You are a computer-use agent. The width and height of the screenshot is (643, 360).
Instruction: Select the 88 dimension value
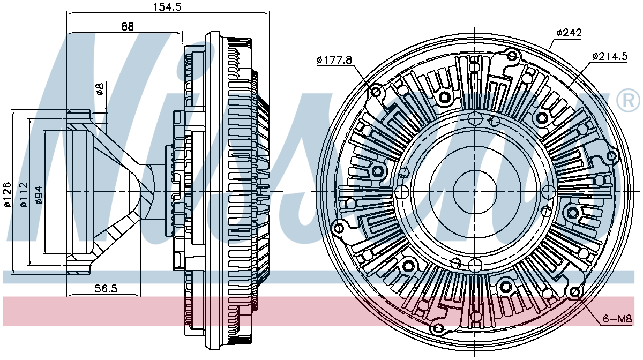click(x=126, y=26)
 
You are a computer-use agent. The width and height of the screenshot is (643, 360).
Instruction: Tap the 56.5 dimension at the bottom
click(x=106, y=289)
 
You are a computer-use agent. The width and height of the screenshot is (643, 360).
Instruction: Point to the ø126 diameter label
click(x=7, y=194)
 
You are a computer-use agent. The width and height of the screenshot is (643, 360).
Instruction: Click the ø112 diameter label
click(x=23, y=194)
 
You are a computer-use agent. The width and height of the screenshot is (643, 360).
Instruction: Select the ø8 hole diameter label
click(x=99, y=89)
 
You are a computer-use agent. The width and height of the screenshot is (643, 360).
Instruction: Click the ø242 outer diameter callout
click(x=569, y=33)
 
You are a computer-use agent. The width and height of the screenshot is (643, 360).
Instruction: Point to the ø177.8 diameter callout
click(x=334, y=60)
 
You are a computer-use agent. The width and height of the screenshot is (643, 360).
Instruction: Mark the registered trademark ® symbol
click(x=628, y=101)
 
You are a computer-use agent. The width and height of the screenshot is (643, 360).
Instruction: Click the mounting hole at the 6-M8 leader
click(x=576, y=292)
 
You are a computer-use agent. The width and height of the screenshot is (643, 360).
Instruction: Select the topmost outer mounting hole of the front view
click(x=512, y=56)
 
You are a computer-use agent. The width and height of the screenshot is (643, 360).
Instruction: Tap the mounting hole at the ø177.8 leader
click(x=376, y=93)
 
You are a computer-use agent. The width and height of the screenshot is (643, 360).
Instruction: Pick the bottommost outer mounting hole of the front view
click(x=438, y=327)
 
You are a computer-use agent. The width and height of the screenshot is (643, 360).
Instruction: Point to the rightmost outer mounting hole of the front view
click(x=611, y=156)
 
